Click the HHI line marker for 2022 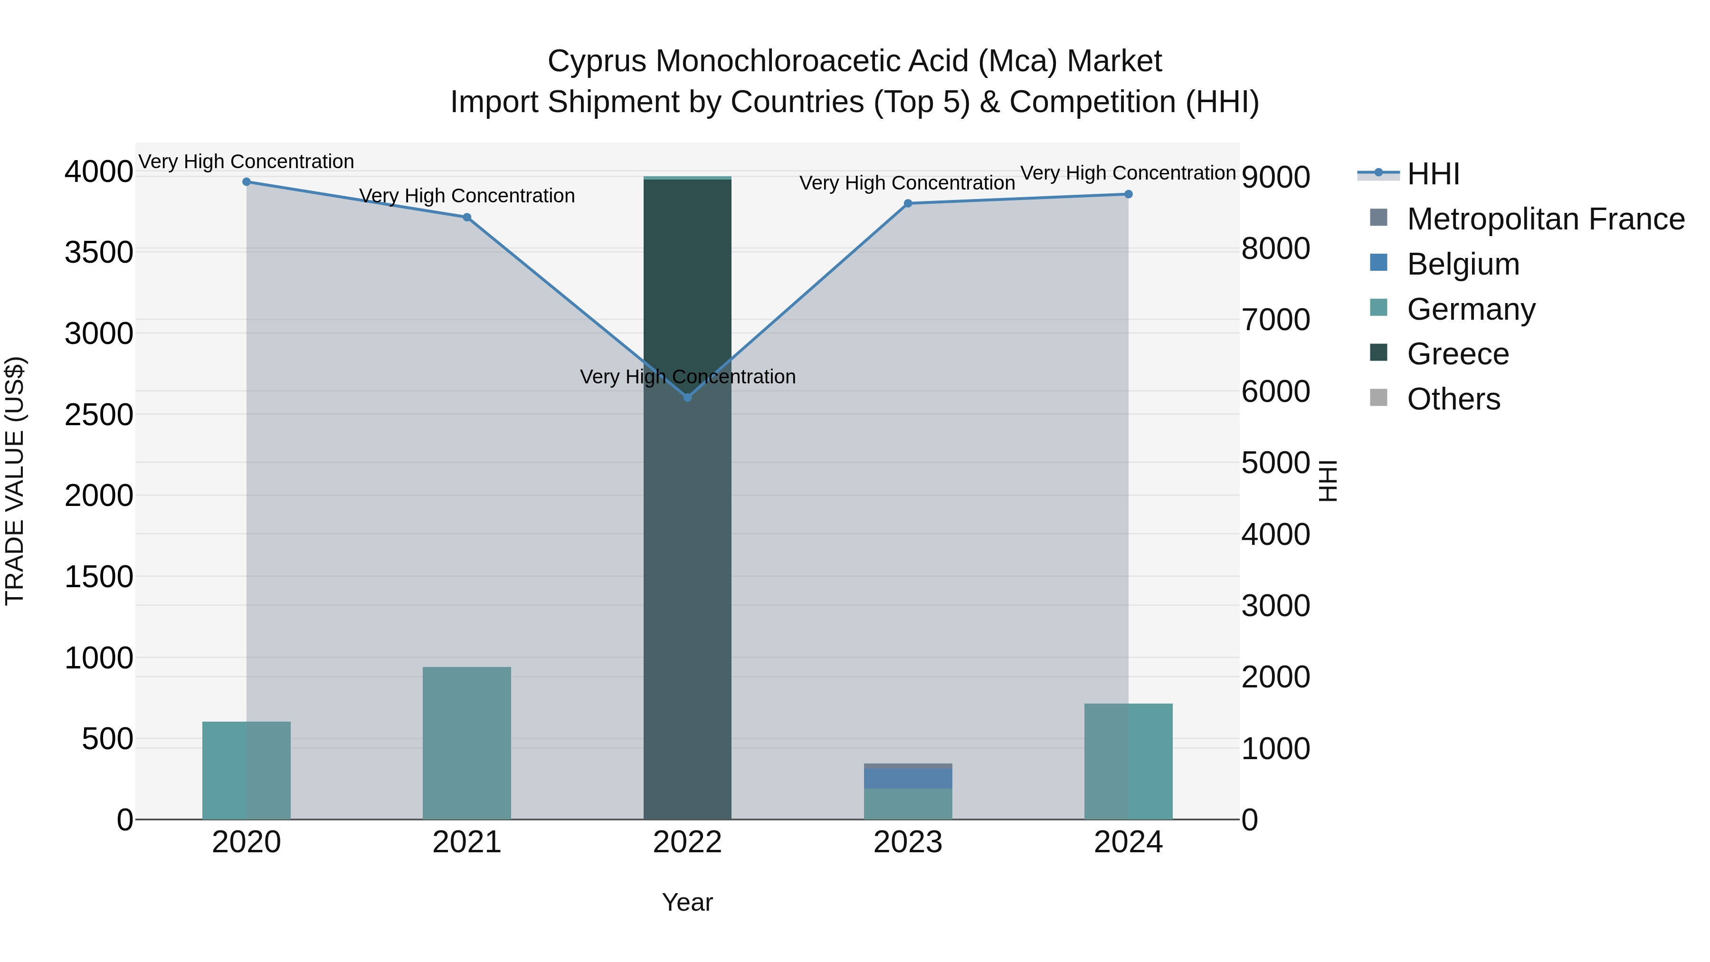click(687, 397)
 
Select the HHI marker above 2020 click(246, 181)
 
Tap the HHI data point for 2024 click(1128, 194)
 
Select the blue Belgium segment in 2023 click(907, 778)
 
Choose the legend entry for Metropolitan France click(1545, 219)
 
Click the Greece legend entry click(1458, 354)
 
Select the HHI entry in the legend click(1433, 174)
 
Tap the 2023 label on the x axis click(907, 842)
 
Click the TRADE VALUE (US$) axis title click(15, 481)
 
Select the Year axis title click(687, 902)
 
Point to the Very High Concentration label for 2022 click(687, 376)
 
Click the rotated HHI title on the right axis click(1328, 481)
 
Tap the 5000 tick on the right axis click(1275, 463)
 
